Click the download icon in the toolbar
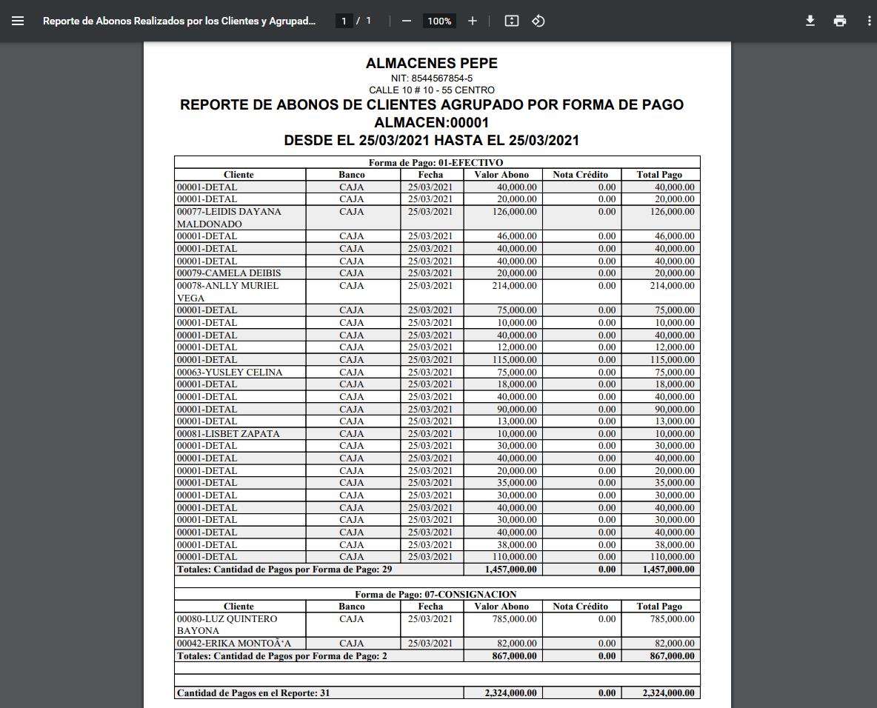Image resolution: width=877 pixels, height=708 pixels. point(810,21)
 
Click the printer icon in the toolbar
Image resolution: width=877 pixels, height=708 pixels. point(839,21)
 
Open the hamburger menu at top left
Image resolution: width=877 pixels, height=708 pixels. point(18,21)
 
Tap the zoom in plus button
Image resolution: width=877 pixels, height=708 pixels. point(473,21)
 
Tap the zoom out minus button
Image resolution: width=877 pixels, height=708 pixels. point(406,21)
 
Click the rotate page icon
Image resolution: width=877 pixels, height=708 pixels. point(538,21)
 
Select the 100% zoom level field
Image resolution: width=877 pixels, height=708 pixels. point(439,21)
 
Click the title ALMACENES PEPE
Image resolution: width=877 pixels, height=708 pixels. point(431,64)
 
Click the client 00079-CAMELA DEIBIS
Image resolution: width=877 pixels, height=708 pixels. point(228,273)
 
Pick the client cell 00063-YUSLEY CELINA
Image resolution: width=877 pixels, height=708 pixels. point(229,372)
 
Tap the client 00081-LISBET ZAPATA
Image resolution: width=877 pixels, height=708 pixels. point(227,433)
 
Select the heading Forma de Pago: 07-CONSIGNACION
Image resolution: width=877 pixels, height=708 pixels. point(436,594)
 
